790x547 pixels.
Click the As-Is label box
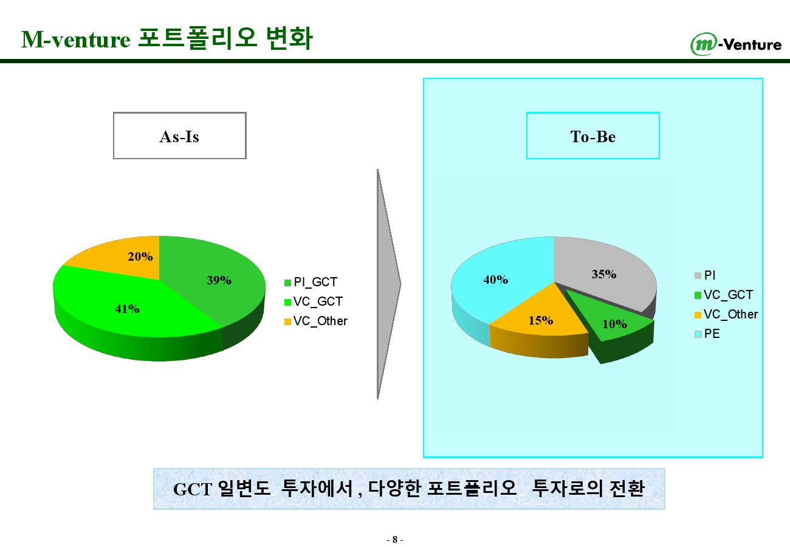click(179, 136)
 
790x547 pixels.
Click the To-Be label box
click(593, 136)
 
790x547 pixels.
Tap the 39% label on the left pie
click(219, 280)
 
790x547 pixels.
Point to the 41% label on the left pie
click(128, 309)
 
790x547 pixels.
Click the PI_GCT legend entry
click(311, 282)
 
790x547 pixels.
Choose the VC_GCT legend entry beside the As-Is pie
click(313, 301)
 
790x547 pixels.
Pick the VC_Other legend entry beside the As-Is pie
click(315, 321)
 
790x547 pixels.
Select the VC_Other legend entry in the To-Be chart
click(726, 314)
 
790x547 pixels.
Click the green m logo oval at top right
click(704, 44)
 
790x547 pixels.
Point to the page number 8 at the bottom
click(395, 540)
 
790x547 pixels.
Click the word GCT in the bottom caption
click(193, 489)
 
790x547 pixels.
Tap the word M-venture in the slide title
click(76, 39)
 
